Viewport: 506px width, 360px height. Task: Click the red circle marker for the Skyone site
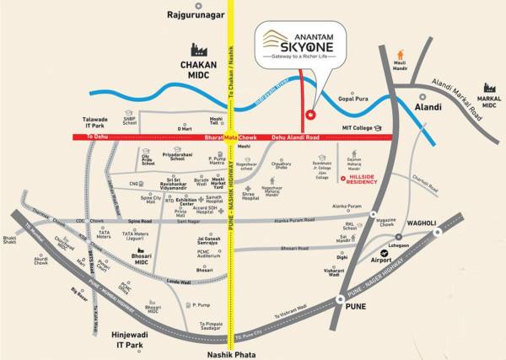coord(310,115)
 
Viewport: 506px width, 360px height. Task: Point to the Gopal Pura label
coord(353,99)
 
